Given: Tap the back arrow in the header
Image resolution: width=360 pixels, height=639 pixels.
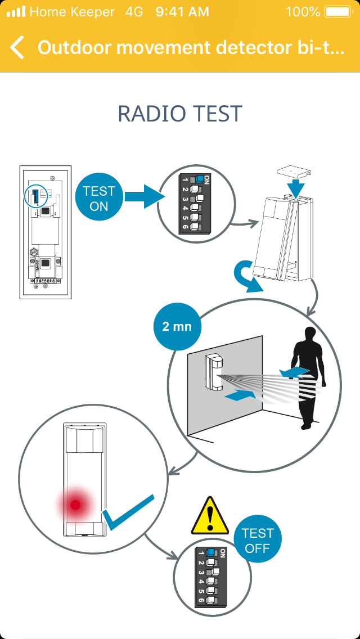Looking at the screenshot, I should (x=17, y=48).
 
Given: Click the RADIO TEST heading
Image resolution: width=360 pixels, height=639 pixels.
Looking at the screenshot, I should (x=179, y=114).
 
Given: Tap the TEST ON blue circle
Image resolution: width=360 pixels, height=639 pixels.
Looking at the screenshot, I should (x=98, y=199).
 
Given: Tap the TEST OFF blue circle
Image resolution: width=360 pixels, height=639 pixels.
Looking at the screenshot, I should (x=257, y=541).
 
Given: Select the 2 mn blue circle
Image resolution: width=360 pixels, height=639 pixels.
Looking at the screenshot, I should (x=177, y=326).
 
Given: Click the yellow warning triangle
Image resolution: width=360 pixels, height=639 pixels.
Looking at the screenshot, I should (x=210, y=516).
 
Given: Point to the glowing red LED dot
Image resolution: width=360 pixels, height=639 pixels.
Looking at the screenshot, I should (x=75, y=505).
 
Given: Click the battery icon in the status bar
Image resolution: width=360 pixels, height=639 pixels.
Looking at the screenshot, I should (x=337, y=11).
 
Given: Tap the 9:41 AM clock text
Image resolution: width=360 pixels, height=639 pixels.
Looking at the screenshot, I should (x=182, y=11).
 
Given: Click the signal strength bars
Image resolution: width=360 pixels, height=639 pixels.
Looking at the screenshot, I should (x=16, y=11).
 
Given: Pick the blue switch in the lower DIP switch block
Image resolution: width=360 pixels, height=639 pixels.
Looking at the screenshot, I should (x=211, y=552).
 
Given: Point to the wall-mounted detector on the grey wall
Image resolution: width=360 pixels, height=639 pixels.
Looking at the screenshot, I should (x=214, y=371).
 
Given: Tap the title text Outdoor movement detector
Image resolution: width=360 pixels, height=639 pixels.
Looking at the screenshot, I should (x=191, y=48).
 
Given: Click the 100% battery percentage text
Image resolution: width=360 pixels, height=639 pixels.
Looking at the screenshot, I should (x=303, y=11).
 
